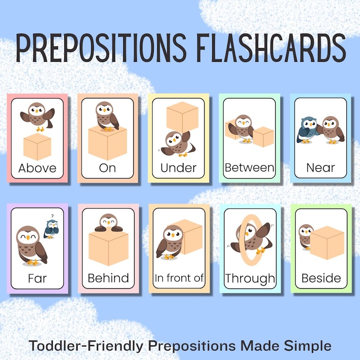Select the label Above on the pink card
click(x=38, y=168)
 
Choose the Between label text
click(x=249, y=168)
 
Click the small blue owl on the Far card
click(x=51, y=229)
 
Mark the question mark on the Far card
click(x=53, y=216)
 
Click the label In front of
click(x=179, y=278)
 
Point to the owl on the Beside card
click(x=306, y=236)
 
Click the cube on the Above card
click(x=37, y=146)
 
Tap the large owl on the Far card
click(x=31, y=245)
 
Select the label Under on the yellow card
click(x=179, y=168)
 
